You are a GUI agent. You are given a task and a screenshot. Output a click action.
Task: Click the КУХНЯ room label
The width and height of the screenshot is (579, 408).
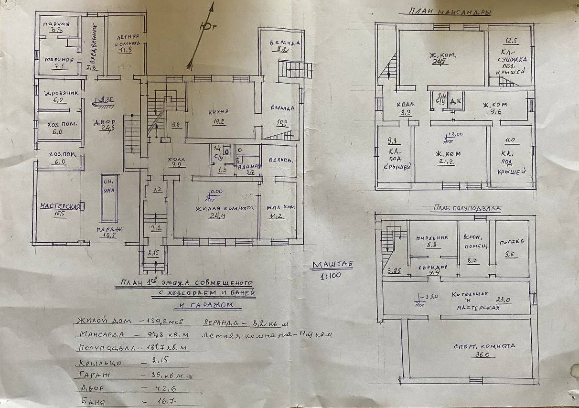coord(218,111)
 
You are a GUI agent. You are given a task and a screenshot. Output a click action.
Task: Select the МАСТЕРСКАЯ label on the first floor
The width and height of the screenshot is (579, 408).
coord(59,206)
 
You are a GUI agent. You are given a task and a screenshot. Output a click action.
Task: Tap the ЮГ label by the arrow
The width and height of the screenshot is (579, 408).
coord(210,28)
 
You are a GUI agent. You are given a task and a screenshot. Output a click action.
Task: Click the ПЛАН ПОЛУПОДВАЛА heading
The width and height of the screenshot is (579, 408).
coord(465,208)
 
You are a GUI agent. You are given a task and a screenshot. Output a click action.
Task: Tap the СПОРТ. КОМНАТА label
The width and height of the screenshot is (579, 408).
coord(485,346)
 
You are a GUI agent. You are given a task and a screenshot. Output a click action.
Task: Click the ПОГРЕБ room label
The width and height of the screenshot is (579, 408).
coord(511,242)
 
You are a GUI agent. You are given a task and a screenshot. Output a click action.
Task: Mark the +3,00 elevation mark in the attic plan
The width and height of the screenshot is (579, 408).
coord(454,135)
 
